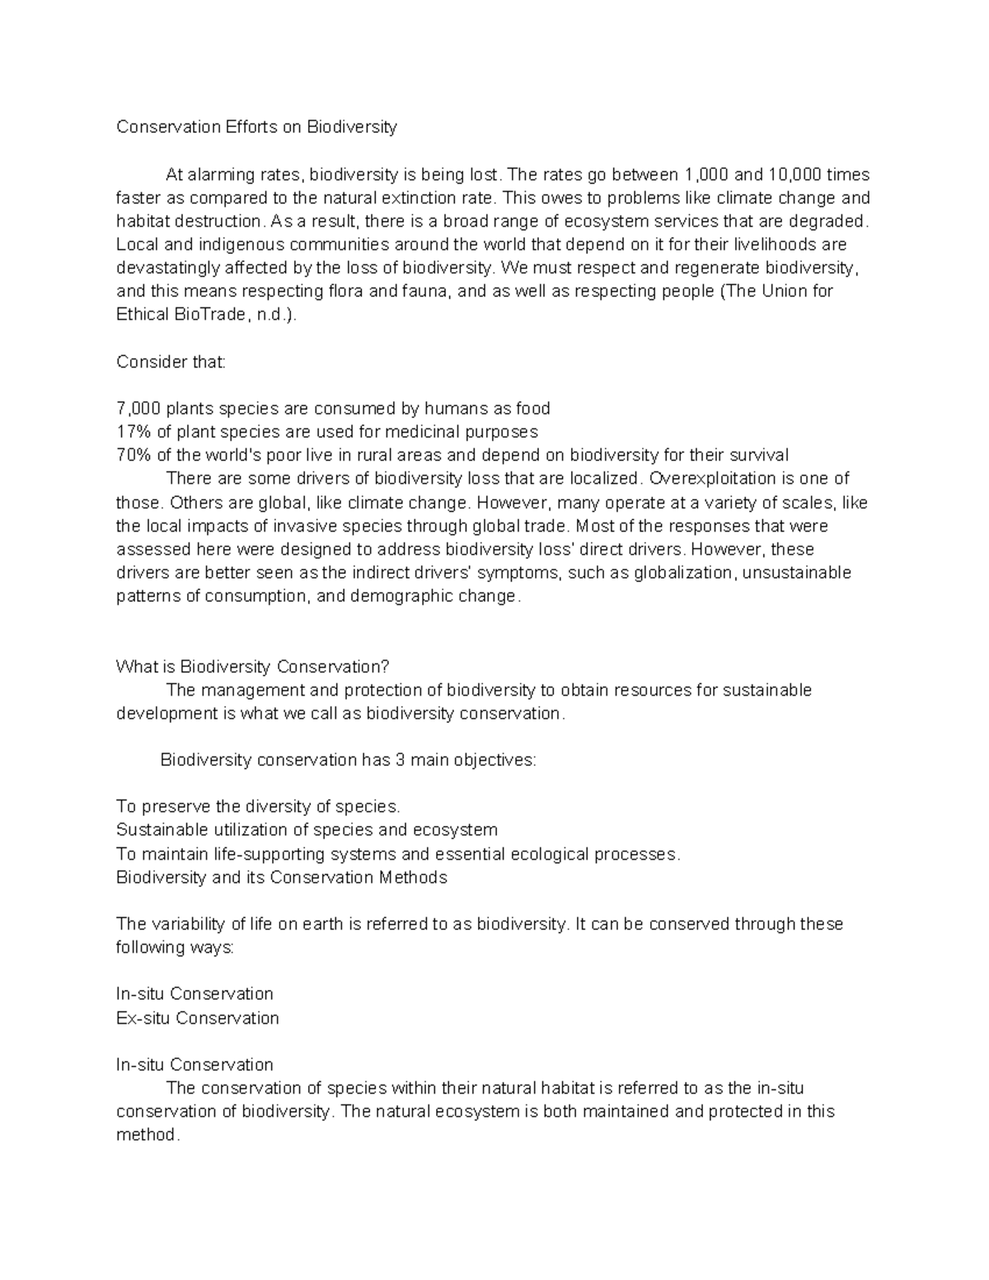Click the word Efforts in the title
(x=251, y=127)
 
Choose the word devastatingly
(x=175, y=268)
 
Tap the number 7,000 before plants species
(x=138, y=409)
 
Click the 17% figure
(x=134, y=432)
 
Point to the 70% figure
(x=134, y=455)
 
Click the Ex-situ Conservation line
(x=198, y=1018)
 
